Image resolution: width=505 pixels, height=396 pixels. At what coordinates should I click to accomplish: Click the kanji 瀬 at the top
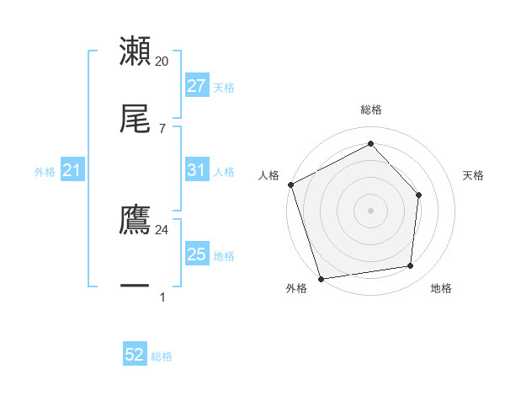click(x=135, y=51)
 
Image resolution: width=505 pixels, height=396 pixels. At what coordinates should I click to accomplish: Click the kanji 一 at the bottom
click(x=135, y=286)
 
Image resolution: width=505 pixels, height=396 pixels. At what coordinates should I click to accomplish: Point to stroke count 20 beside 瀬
click(x=162, y=62)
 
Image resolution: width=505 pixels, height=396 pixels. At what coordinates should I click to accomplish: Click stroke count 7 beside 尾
click(x=162, y=128)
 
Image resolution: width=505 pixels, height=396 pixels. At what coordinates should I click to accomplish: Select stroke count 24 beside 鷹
click(x=162, y=228)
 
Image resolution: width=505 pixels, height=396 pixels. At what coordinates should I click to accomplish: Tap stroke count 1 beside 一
click(x=162, y=297)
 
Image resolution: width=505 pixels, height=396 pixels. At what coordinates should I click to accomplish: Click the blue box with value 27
click(x=196, y=86)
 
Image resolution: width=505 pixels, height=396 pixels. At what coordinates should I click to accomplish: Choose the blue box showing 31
click(x=196, y=170)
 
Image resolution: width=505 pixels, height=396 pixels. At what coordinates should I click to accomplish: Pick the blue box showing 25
click(x=196, y=254)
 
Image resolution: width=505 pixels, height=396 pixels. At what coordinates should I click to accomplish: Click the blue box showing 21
click(x=72, y=171)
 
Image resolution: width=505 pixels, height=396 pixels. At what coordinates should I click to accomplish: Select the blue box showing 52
click(x=135, y=356)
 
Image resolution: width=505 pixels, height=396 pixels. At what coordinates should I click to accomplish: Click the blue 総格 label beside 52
click(x=162, y=356)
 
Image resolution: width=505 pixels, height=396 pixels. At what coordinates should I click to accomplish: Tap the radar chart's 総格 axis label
click(x=371, y=110)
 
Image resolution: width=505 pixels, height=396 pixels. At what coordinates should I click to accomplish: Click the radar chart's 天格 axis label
click(x=473, y=175)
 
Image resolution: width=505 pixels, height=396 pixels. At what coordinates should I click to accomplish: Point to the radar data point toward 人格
click(x=290, y=185)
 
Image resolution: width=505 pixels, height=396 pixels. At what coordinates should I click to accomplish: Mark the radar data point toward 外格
click(x=321, y=278)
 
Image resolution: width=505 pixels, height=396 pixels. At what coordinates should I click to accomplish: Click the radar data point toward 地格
click(x=411, y=266)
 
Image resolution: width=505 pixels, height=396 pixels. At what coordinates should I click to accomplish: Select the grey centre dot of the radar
click(x=370, y=211)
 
